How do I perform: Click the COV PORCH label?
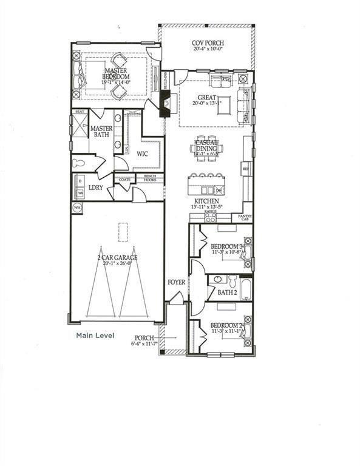[206, 44]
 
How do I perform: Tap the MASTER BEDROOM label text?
[115, 73]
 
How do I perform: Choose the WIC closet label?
[143, 154]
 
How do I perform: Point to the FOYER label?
[177, 283]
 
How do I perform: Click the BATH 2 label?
[226, 293]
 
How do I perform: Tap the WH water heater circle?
[77, 208]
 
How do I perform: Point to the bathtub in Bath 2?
[245, 288]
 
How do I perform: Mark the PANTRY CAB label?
[245, 217]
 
